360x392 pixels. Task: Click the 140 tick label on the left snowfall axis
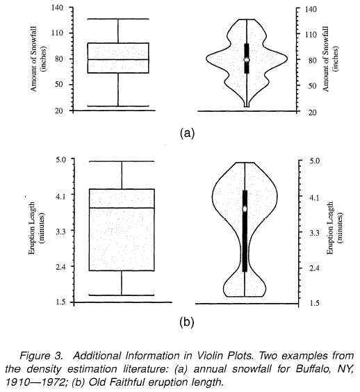[57, 8]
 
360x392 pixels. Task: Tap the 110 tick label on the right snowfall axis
[311, 35]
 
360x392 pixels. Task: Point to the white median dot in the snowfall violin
[247, 60]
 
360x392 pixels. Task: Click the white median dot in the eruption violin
[245, 209]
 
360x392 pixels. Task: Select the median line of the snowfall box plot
[118, 60]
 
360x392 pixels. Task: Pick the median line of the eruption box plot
[122, 208]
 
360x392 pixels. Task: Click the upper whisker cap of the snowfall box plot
[118, 19]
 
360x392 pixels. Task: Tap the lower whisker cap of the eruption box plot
[122, 295]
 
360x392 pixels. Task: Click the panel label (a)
[187, 133]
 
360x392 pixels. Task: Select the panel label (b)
[187, 322]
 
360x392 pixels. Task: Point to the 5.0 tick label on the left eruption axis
[60, 159]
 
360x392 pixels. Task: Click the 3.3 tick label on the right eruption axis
[315, 233]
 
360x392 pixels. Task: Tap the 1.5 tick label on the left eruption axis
[60, 302]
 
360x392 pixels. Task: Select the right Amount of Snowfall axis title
[330, 59]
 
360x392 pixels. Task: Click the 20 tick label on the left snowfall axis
[59, 111]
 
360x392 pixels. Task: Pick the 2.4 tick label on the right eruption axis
[315, 268]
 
